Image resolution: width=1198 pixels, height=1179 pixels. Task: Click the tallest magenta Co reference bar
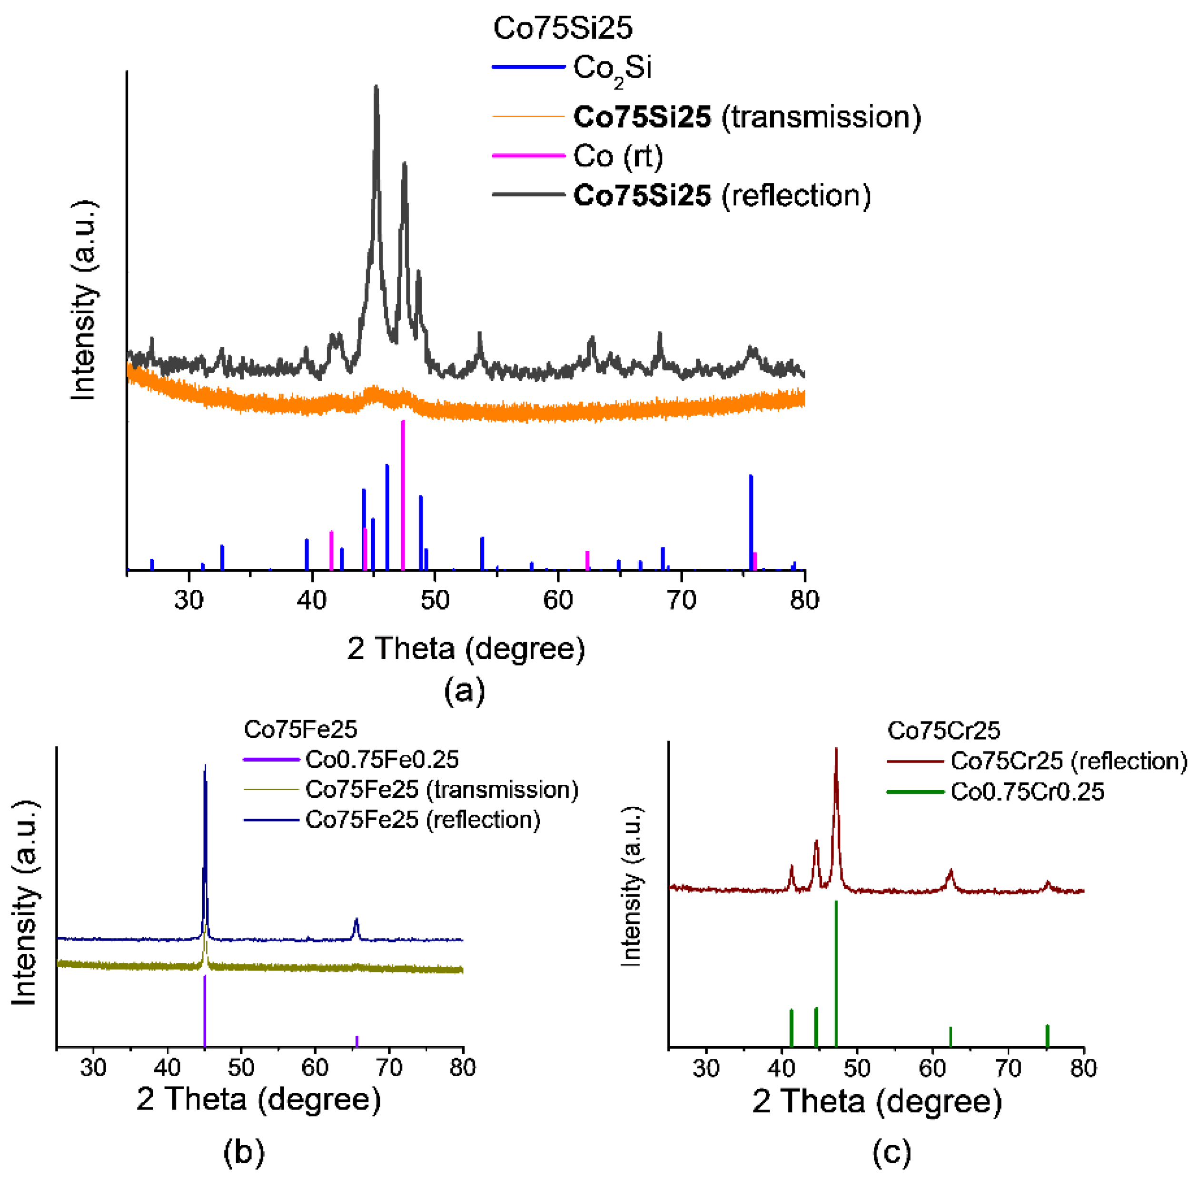coord(403,495)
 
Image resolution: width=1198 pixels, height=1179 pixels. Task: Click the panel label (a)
coord(465,690)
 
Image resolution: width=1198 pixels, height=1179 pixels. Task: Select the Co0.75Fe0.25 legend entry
coord(381,759)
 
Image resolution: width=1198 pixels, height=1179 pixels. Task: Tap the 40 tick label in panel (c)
coord(782,1068)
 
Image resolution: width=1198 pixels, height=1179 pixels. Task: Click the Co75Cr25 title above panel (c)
coord(943,731)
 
